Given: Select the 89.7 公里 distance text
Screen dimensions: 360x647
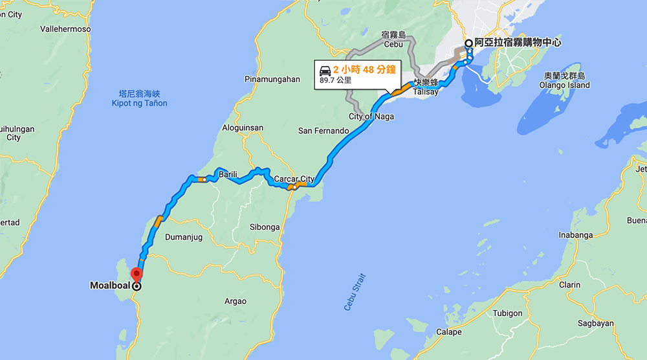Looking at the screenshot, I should [336, 81].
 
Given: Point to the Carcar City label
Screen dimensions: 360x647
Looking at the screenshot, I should [294, 179].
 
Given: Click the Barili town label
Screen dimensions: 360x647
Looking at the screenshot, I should [228, 175].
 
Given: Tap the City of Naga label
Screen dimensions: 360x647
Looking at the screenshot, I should [371, 117].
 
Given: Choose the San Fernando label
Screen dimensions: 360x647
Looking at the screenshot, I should [323, 131].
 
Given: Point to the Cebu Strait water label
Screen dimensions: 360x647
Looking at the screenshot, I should [355, 291].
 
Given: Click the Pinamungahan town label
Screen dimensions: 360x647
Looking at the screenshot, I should [272, 79].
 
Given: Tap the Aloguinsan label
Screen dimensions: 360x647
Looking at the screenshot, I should [243, 128].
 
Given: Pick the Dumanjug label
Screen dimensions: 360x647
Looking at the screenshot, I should [184, 238].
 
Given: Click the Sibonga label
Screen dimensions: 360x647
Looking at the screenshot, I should [265, 227].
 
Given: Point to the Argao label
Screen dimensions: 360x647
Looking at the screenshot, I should [234, 301].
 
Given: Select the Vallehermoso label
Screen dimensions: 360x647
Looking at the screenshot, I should [65, 29].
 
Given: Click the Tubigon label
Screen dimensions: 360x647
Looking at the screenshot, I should [507, 313].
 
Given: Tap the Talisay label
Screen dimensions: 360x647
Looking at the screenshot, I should [426, 92].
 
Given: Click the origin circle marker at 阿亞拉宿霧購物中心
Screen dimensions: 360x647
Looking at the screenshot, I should [468, 43].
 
